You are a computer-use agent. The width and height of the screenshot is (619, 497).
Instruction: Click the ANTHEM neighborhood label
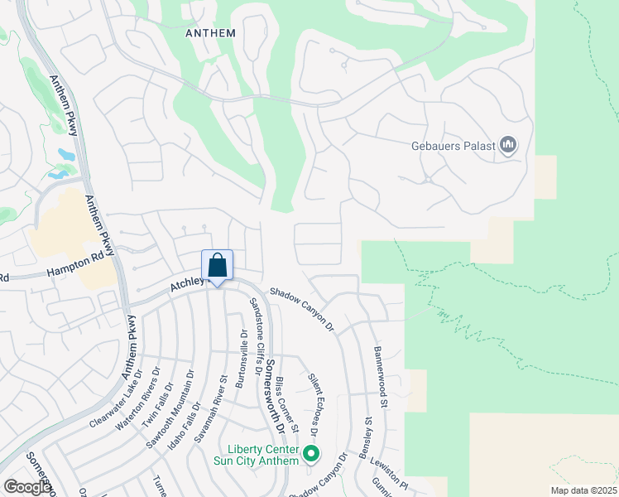click(x=210, y=33)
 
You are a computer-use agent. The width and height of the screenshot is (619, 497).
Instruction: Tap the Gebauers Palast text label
click(x=453, y=147)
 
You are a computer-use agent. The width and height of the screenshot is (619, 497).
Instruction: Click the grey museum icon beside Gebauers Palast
click(x=508, y=147)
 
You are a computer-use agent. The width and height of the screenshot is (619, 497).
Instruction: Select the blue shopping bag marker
click(x=218, y=267)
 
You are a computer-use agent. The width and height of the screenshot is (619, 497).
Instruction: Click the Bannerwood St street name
click(x=381, y=378)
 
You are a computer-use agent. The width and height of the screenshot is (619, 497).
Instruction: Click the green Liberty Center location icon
click(x=311, y=453)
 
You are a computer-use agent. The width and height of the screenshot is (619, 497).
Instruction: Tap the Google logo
click(x=27, y=487)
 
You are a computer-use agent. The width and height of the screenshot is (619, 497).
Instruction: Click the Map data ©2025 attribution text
click(x=583, y=490)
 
